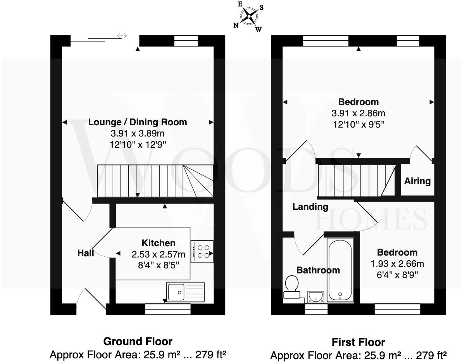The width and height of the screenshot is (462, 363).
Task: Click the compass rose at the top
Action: pos(248,16)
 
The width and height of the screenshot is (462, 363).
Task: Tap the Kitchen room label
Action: pos(159,243)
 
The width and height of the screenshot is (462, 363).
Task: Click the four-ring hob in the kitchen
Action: pos(202,251)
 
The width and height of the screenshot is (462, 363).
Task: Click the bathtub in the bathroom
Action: pos(340,270)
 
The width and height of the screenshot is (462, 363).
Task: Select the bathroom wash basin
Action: pos(317,297)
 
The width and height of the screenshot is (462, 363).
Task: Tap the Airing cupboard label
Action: pos(417,181)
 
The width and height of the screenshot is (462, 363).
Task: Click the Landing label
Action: pos(310,207)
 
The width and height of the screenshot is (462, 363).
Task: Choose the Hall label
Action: pos(86,253)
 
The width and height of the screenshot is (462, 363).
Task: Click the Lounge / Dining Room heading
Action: pos(138,122)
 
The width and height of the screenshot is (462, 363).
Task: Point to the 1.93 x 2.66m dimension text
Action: pos(397,264)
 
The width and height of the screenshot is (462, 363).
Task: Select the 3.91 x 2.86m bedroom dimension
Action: pos(359,113)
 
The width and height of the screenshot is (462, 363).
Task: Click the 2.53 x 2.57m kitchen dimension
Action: pos(159,255)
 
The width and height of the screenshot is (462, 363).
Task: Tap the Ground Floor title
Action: pos(138,341)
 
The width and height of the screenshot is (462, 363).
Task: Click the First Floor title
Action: pos(358,342)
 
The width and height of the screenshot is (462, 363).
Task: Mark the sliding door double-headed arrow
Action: pos(122,36)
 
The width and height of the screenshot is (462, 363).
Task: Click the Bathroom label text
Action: pos(318,270)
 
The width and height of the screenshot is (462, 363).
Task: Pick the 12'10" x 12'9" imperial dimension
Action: pos(138,145)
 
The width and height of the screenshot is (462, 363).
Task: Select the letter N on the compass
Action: pos(236,26)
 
